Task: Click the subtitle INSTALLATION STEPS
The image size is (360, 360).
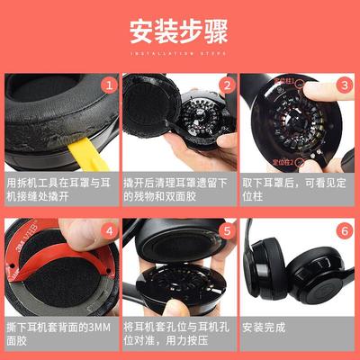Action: tap(180, 55)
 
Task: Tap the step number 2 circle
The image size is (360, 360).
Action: tap(227, 86)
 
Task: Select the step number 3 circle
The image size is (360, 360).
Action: tap(344, 86)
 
